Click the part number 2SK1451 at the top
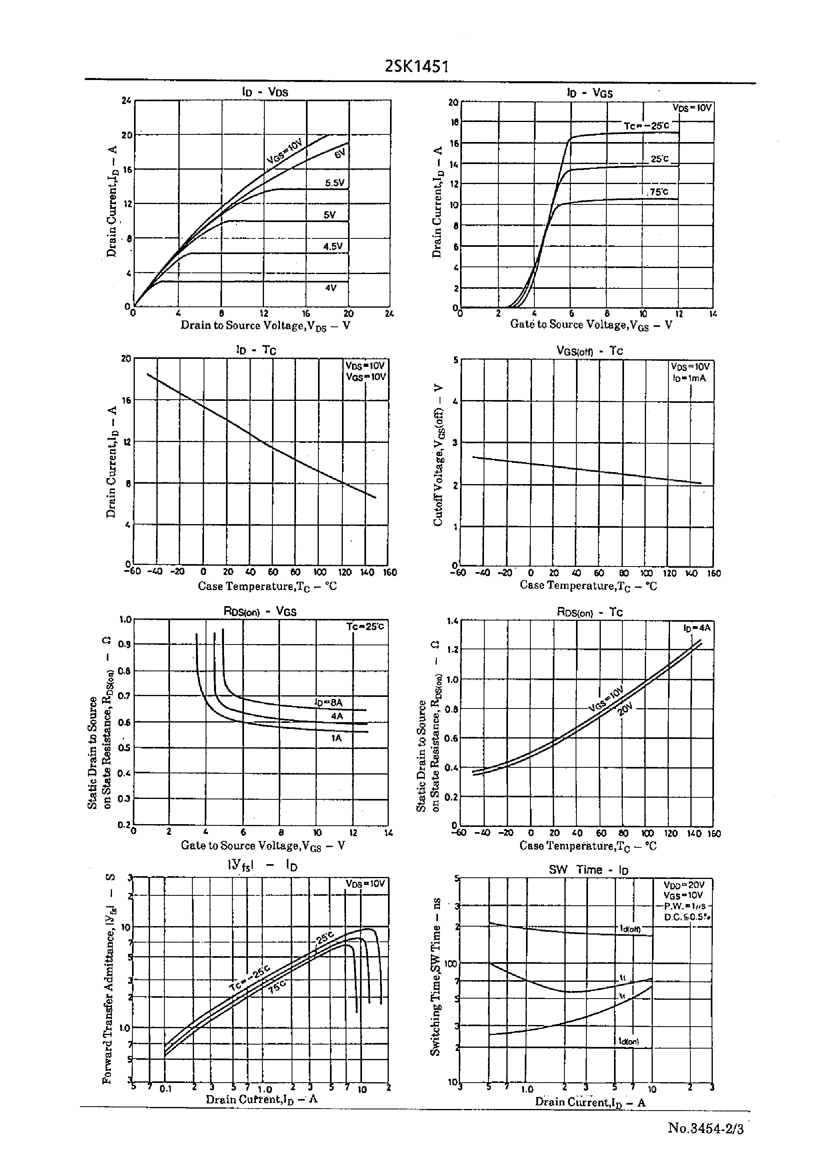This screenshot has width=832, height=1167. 416,66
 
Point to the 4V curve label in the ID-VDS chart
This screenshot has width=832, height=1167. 331,288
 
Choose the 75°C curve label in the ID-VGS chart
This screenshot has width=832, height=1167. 658,192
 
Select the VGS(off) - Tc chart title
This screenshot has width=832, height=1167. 589,351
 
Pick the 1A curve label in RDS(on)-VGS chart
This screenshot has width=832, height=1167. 336,738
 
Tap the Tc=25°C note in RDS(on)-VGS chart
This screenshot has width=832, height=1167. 365,627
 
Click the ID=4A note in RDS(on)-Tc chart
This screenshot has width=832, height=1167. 696,628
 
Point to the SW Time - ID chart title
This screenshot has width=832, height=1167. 589,869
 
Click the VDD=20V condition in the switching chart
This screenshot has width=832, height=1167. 684,885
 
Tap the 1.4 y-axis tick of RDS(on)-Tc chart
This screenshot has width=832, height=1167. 452,621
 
